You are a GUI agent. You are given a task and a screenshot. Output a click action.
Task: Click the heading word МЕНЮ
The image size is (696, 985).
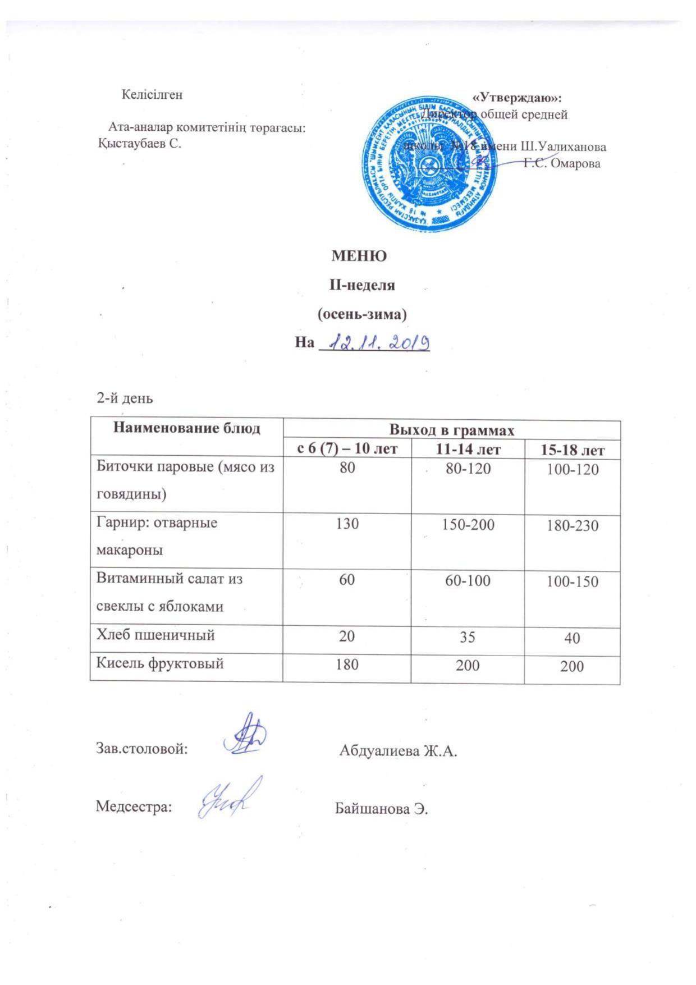pos(359,256)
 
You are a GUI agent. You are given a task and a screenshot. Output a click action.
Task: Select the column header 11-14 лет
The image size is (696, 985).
pos(468,449)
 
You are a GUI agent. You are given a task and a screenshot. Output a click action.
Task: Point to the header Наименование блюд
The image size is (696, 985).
pos(187,429)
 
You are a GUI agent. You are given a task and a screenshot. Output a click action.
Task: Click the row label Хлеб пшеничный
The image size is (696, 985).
pos(156,635)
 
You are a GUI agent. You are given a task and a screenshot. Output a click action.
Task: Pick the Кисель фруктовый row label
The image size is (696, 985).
pos(160,663)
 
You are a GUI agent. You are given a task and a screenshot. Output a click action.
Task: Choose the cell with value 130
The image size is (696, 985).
pos(347,524)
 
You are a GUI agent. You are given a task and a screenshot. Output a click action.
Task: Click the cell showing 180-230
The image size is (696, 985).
pos(572,526)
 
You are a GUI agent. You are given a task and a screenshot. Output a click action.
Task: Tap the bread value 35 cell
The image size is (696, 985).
pos(468,637)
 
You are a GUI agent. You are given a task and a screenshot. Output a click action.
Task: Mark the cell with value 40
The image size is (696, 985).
pos(572,638)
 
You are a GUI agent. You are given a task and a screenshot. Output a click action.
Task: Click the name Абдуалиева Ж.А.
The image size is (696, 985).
pos(398,751)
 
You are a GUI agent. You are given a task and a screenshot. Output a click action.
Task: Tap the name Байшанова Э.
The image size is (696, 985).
pos(382,809)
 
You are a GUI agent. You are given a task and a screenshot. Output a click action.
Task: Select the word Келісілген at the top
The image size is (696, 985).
pos(152,94)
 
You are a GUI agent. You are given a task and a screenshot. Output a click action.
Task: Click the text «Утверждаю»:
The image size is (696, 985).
pos(517,98)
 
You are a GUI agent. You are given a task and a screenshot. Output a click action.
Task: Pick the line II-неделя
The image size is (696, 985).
pos(362,285)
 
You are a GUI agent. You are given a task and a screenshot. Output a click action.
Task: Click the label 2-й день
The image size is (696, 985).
pos(125,398)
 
